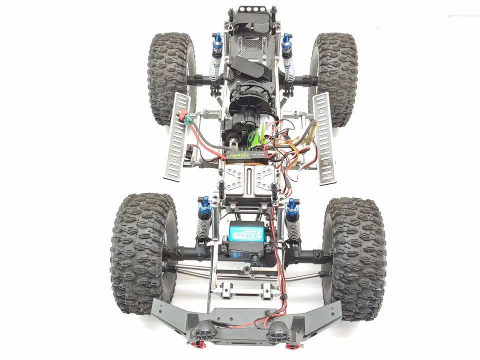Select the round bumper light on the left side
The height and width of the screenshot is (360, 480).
coord(203,330)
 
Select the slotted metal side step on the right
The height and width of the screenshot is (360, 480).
coord(324,137)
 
